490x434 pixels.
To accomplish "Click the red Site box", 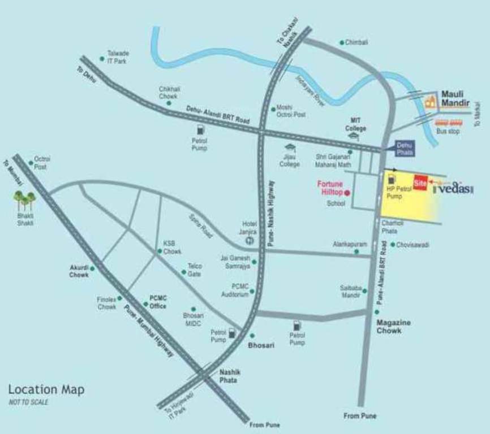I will pos(420,183).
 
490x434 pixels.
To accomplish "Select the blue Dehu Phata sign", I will pos(405,149).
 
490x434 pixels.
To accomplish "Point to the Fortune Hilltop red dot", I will pos(347,193).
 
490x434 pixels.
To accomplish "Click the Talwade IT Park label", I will pos(118,57).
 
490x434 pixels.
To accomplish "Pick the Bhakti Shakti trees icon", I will pos(24,200).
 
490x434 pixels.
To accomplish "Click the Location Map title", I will pos(46,389).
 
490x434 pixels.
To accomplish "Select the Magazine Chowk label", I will pos(393,326).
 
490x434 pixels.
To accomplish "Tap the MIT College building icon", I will pos(355,137).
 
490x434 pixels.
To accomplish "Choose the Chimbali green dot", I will pos(342,42).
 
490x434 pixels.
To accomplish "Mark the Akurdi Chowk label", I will pos(79,271).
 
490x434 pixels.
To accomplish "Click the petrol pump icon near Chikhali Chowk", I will pos(199,131).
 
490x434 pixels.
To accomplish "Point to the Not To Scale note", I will pos(28,402).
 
